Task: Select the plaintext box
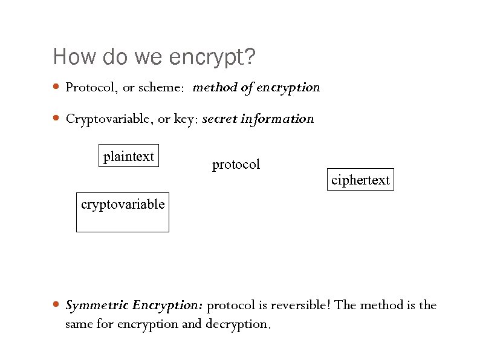point(128,156)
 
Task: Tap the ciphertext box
point(360,180)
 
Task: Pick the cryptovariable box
point(123,212)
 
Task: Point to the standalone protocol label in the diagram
point(236,164)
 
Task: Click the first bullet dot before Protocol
point(56,87)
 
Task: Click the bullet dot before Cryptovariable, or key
point(56,119)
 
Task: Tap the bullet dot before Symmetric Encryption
point(56,304)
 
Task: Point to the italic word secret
point(219,119)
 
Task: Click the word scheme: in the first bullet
point(161,88)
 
